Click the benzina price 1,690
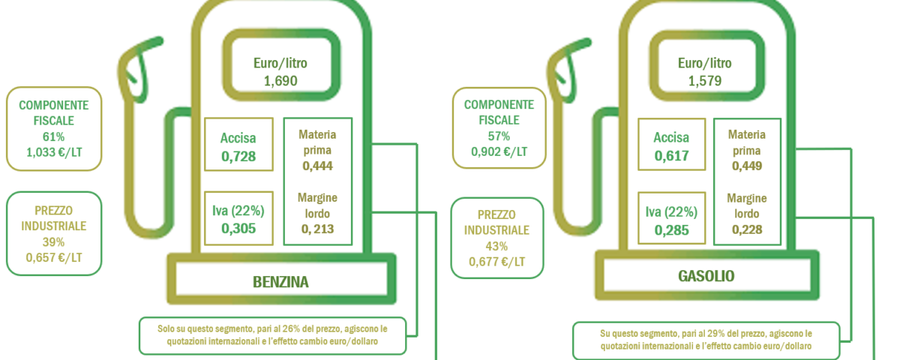pos(280,81)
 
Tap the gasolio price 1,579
pos(705,81)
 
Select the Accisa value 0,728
pos(238,156)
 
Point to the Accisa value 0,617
pos(671,156)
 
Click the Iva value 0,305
pos(238,229)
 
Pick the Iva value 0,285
pos(671,230)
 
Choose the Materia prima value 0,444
pos(317,166)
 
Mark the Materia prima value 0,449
pos(746,166)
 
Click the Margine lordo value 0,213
pos(317,229)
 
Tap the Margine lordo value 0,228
pos(746,229)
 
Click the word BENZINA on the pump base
pos(280,282)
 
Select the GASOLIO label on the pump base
pos(706,277)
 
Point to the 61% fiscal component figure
pos(53,137)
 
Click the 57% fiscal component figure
pos(499,136)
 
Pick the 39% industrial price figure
pos(53,242)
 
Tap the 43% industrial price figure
pos(496,246)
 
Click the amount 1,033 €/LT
pos(54,152)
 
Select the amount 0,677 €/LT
pos(496,262)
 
